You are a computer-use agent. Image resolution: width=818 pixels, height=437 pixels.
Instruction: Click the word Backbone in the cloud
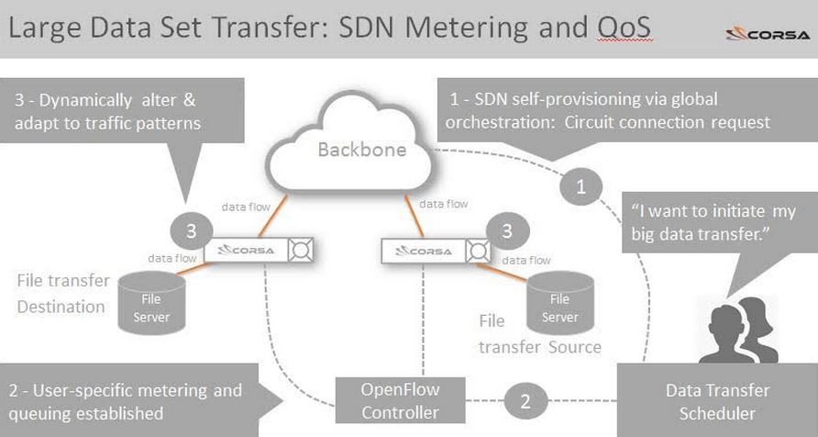click(361, 150)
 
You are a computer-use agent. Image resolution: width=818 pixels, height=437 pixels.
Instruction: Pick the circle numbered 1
click(580, 188)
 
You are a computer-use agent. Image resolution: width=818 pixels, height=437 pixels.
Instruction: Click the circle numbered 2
click(525, 401)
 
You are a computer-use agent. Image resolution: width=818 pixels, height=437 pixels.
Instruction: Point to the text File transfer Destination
click(61, 293)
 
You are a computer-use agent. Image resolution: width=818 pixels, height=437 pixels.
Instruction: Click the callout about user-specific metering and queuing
click(128, 401)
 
